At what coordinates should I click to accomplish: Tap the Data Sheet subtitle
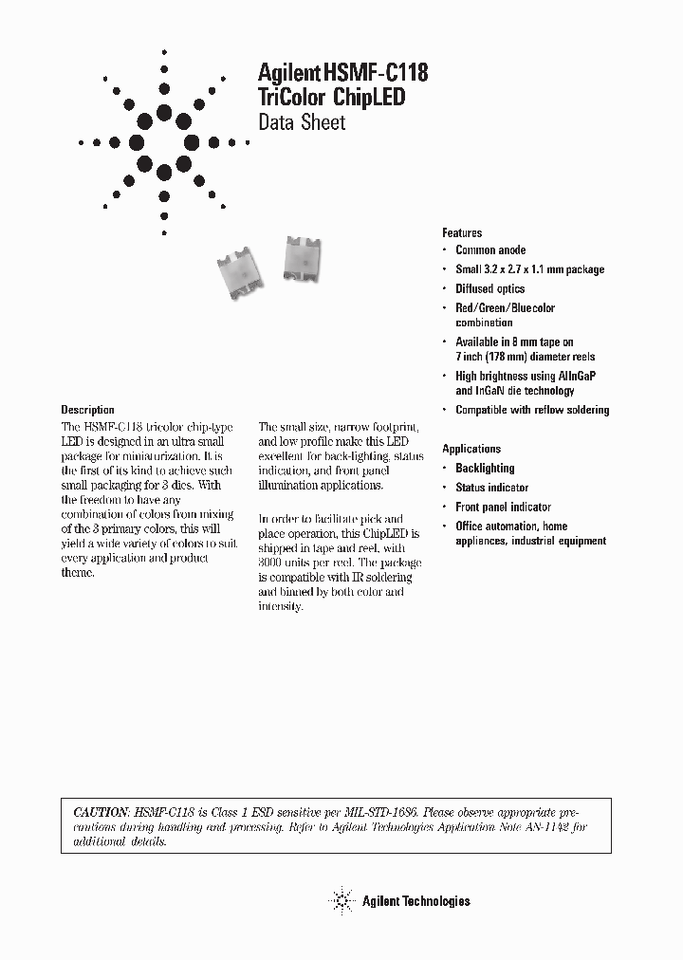point(302,122)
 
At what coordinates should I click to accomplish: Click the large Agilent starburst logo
point(164,142)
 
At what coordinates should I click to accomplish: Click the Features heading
point(462,232)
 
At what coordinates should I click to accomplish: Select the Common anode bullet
point(490,250)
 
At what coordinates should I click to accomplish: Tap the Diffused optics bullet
point(489,288)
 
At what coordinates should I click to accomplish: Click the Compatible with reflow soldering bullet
point(532,410)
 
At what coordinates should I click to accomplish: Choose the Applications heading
point(471,449)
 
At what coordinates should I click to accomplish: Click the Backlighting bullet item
point(485,468)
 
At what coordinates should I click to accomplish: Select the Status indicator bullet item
point(491,488)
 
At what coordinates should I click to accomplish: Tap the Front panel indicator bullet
point(503,507)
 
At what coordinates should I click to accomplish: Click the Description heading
point(87,410)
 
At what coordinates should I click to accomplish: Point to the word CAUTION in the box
point(100,813)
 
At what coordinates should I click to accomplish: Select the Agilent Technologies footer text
point(415,901)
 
